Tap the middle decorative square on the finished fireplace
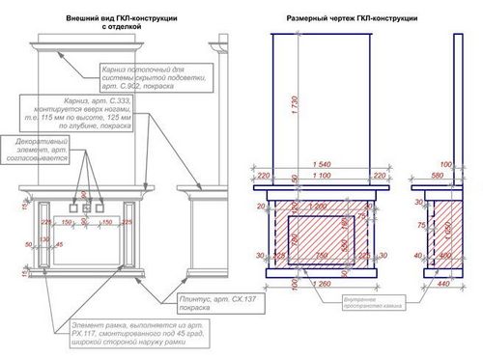pos(85,205)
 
